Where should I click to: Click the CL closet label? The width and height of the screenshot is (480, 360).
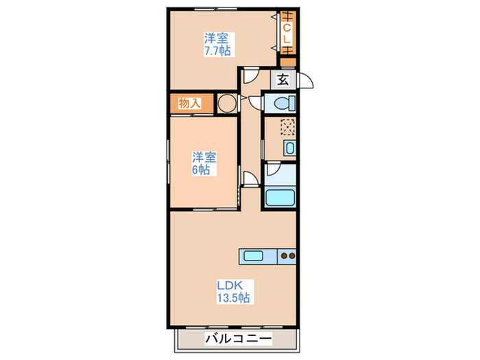(287, 34)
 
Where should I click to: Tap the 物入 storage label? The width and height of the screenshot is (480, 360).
(189, 104)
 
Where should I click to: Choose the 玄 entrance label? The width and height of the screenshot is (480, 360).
(283, 80)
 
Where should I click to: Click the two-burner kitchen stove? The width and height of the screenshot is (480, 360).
(287, 257)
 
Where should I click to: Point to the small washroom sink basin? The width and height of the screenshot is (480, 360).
(289, 149)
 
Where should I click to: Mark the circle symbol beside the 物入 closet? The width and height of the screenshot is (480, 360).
(226, 104)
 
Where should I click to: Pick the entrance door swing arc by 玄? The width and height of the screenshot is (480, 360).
(306, 81)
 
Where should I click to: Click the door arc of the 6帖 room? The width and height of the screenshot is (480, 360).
(250, 180)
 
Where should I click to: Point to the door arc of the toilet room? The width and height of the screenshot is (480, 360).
(256, 103)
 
